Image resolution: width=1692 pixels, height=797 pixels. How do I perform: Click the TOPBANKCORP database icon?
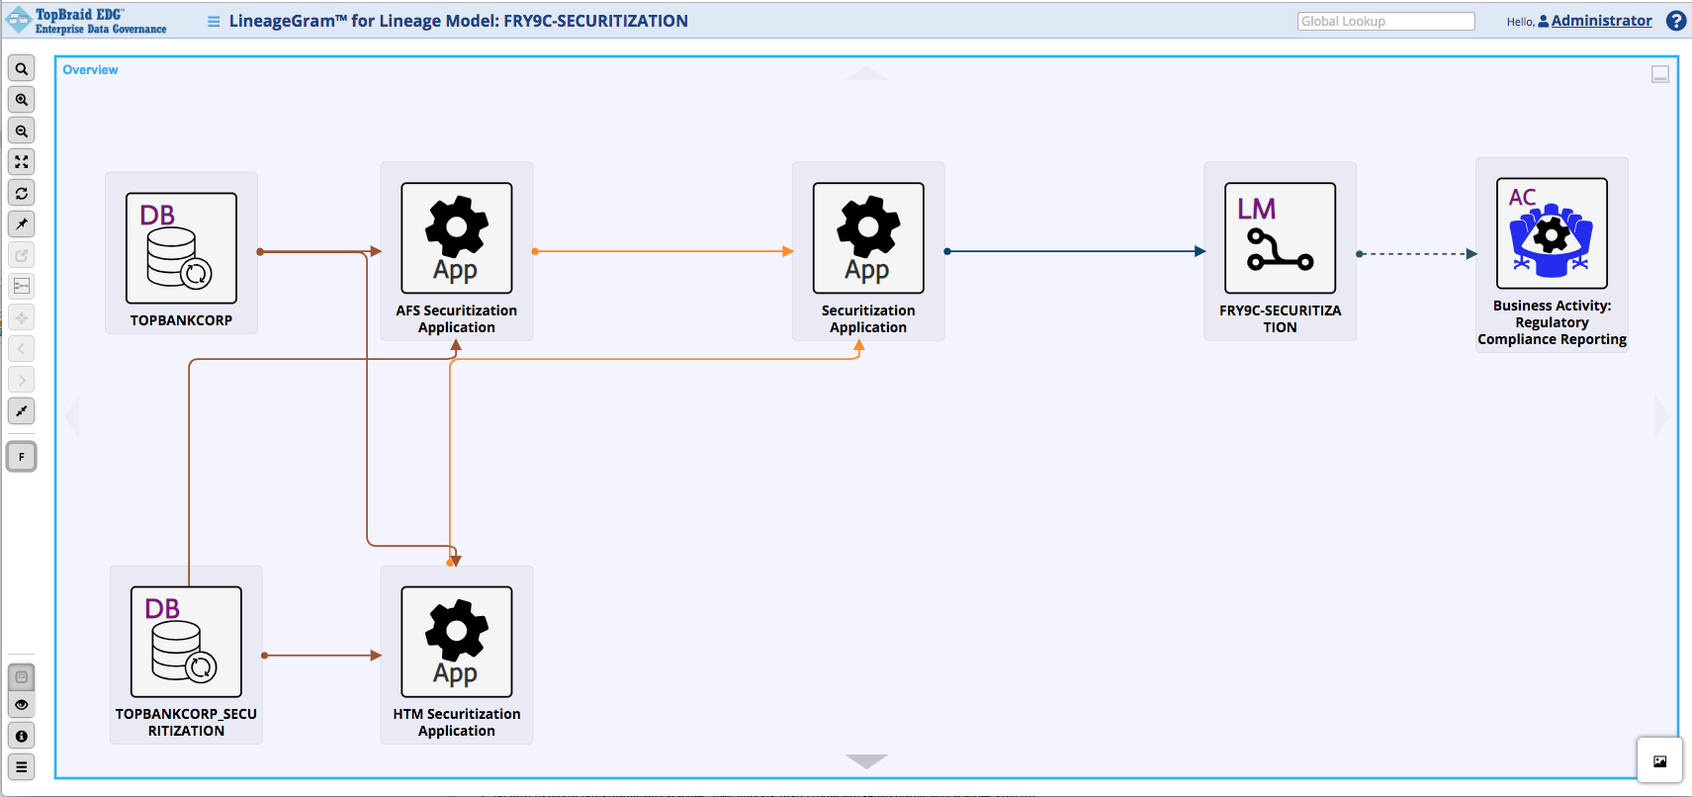click(x=181, y=248)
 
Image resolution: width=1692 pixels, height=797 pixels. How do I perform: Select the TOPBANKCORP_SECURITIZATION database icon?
click(x=186, y=642)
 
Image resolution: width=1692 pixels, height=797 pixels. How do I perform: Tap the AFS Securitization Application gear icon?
click(x=456, y=238)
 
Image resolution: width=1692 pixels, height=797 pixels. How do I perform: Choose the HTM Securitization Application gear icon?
click(x=456, y=642)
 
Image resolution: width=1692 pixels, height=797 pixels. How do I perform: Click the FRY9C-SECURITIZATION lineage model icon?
click(x=1280, y=238)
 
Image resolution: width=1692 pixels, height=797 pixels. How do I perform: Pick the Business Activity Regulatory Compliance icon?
click(x=1552, y=233)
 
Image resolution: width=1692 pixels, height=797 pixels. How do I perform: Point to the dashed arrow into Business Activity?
click(x=1417, y=254)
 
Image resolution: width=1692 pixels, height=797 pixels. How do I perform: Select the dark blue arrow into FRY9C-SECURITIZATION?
click(x=1076, y=251)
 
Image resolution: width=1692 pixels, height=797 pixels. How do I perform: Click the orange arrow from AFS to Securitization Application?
click(x=663, y=251)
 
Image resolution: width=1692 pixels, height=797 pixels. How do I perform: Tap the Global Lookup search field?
click(x=1385, y=22)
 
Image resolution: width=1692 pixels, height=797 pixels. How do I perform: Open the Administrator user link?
click(x=1601, y=21)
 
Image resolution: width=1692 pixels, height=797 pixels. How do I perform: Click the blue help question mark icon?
click(x=1676, y=21)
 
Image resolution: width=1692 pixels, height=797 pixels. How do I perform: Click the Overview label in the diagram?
click(x=90, y=70)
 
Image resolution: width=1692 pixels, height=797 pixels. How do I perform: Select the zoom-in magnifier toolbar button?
click(x=22, y=100)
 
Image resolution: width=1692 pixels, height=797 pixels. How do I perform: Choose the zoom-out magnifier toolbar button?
click(x=22, y=131)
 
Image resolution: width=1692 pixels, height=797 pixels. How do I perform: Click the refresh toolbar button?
click(x=22, y=193)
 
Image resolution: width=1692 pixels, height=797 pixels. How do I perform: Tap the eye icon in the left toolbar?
click(x=22, y=705)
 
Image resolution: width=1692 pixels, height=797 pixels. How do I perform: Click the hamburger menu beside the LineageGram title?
click(x=214, y=22)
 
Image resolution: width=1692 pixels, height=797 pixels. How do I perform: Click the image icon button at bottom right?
click(x=1659, y=761)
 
